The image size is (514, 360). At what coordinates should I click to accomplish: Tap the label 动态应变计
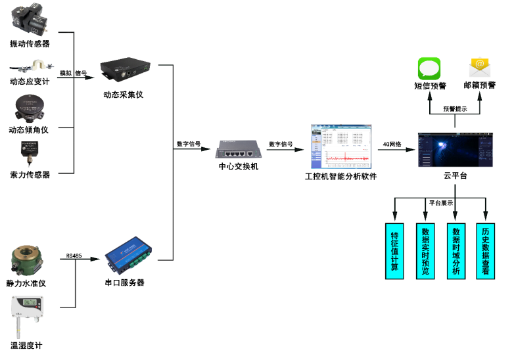click(x=30, y=81)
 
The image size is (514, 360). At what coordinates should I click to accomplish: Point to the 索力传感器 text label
click(x=30, y=175)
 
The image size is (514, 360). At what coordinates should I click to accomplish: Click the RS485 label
click(x=74, y=255)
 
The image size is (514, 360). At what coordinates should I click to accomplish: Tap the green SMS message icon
click(x=429, y=68)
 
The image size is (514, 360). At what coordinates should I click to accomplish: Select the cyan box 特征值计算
click(x=395, y=251)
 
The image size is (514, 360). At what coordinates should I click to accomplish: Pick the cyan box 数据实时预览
click(x=425, y=251)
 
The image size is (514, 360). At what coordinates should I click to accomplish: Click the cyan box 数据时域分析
click(x=455, y=251)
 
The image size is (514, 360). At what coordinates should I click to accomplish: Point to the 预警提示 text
click(x=455, y=109)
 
